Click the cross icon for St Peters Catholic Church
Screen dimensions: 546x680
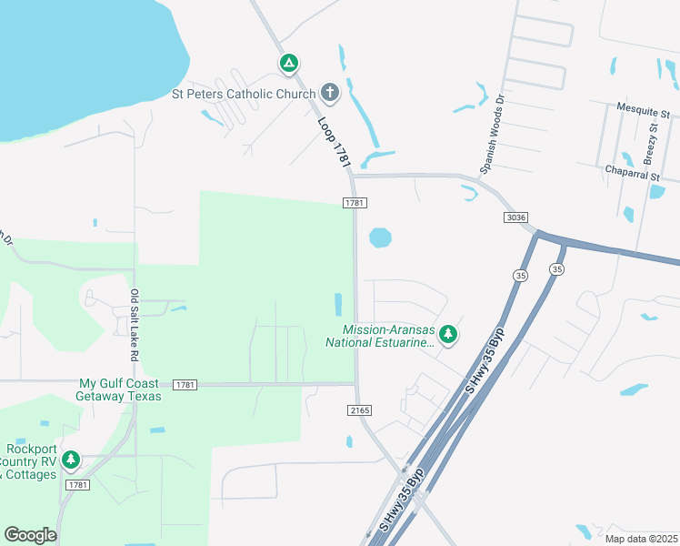pyautogui.click(x=329, y=93)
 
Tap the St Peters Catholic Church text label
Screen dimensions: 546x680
pyautogui.click(x=244, y=93)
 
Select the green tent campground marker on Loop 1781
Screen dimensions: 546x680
pyautogui.click(x=288, y=64)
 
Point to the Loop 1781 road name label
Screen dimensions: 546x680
pyautogui.click(x=335, y=141)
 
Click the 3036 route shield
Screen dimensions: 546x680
pyautogui.click(x=515, y=217)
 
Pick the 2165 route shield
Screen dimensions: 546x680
pyautogui.click(x=359, y=410)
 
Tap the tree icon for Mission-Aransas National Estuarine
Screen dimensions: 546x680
pyautogui.click(x=447, y=335)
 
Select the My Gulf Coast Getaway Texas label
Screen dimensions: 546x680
pyautogui.click(x=120, y=389)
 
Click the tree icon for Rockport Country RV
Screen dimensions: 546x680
pyautogui.click(x=69, y=461)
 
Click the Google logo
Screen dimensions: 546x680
pyautogui.click(x=31, y=535)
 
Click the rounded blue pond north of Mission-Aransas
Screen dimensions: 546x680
pyautogui.click(x=380, y=238)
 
